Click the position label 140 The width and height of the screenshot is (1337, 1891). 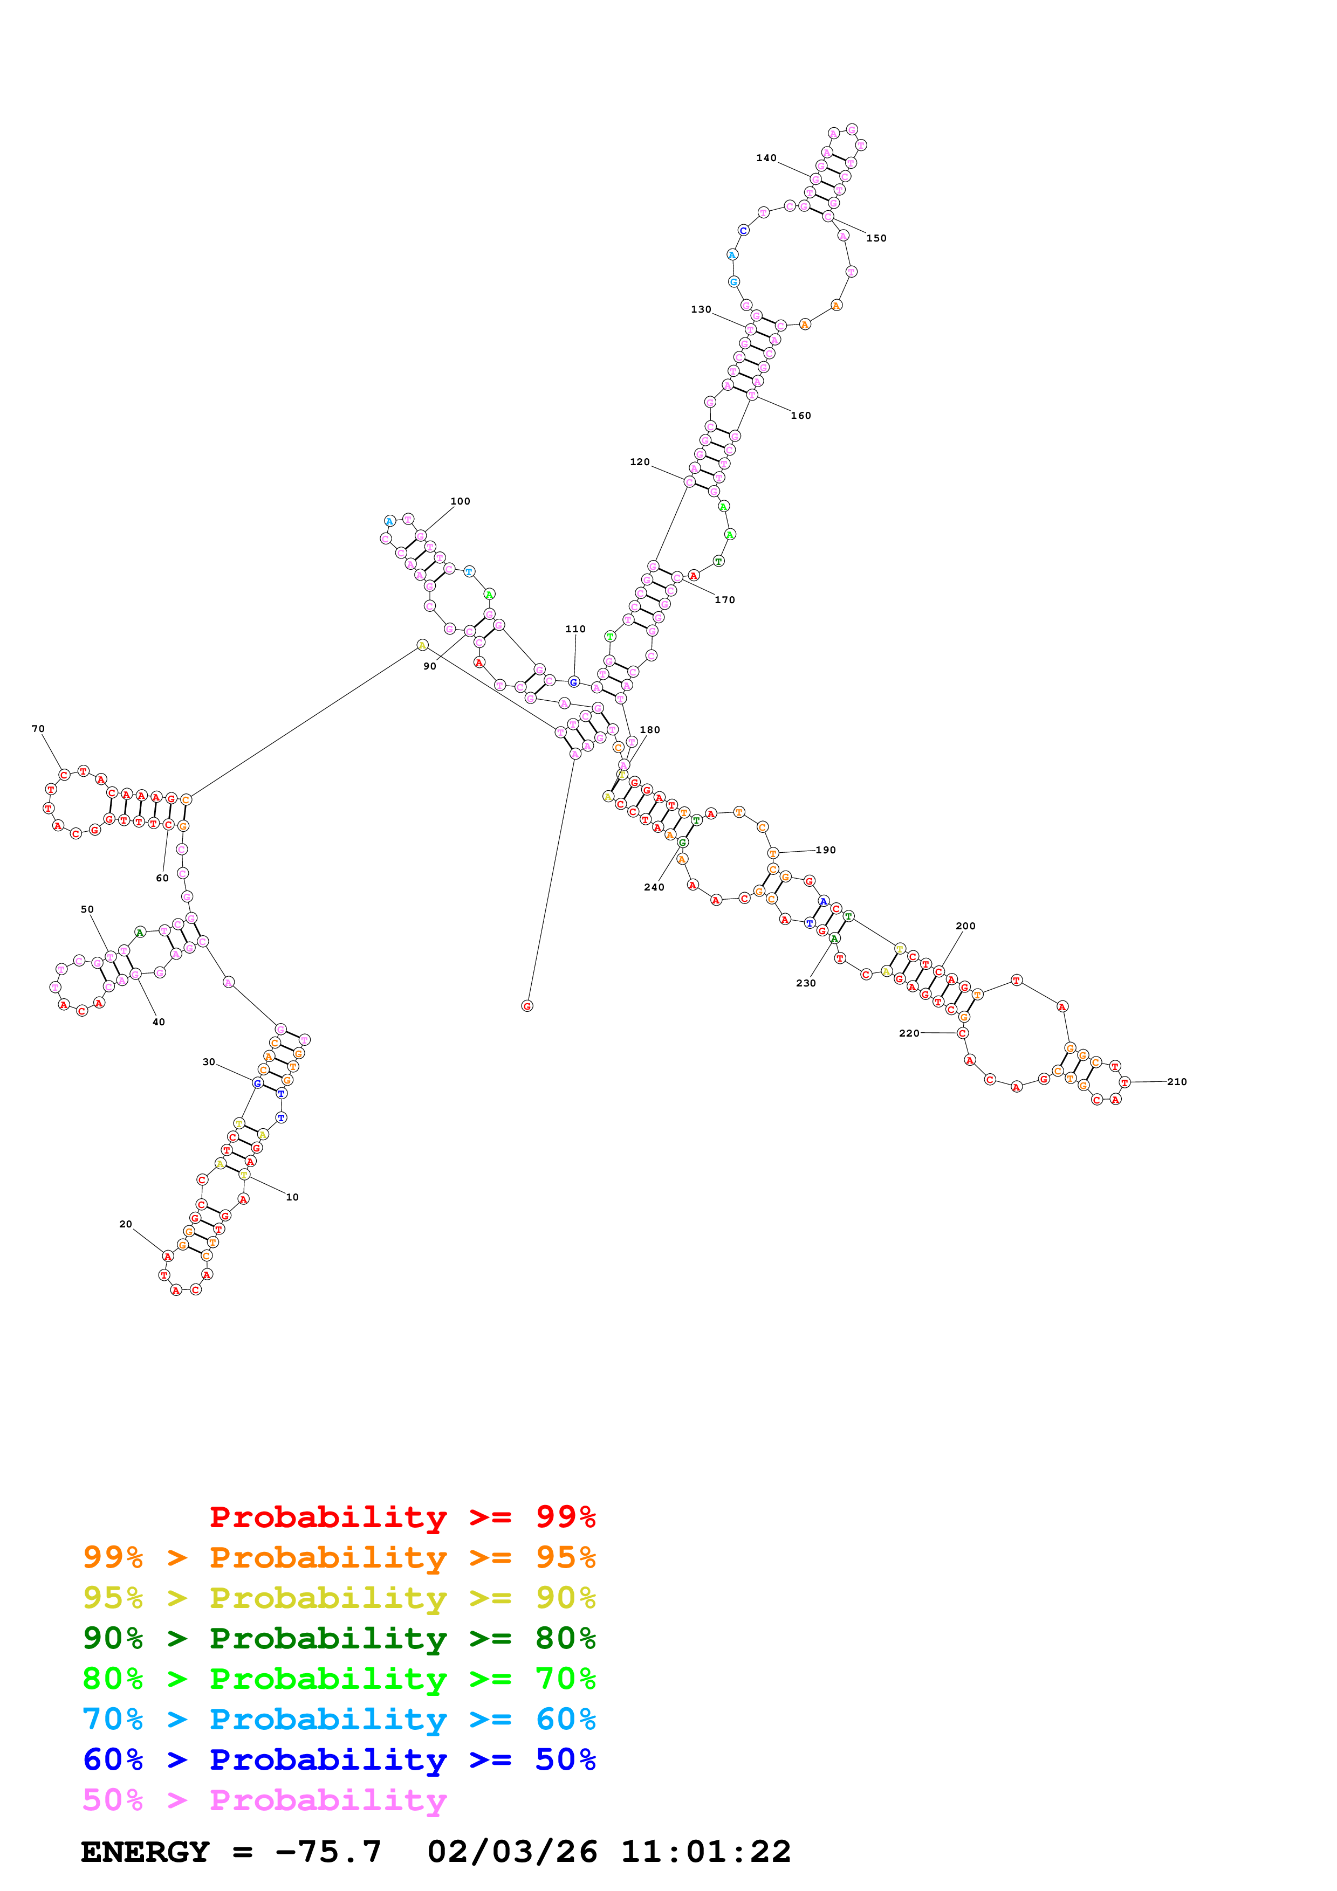pyautogui.click(x=766, y=158)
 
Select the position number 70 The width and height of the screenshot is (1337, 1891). pyautogui.click(x=38, y=729)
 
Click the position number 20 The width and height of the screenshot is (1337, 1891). pyautogui.click(x=125, y=1225)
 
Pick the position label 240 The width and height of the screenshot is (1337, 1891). pyautogui.click(x=654, y=887)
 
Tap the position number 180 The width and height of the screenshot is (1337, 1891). pyautogui.click(x=649, y=730)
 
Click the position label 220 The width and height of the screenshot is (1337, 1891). pyautogui.click(x=909, y=1033)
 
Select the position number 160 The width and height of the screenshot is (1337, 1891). pyautogui.click(x=801, y=416)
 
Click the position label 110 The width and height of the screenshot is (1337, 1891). pyautogui.click(x=575, y=629)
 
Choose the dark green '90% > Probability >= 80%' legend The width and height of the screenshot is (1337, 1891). pyautogui.click(x=339, y=1638)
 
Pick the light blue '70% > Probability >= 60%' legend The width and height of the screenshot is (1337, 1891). pyautogui.click(x=339, y=1719)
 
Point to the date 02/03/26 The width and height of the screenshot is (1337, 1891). pyautogui.click(x=512, y=1852)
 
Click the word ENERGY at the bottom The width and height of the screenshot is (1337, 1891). pyautogui.click(x=145, y=1852)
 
